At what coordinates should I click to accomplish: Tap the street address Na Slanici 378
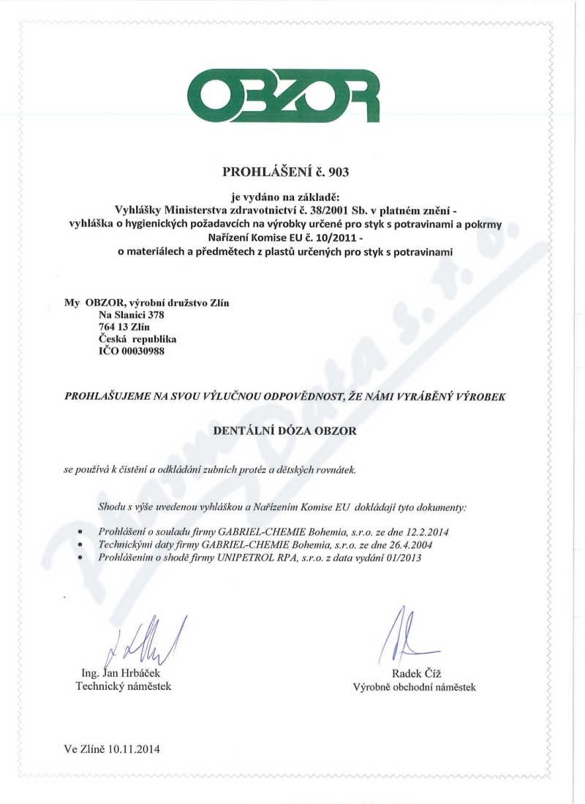pyautogui.click(x=126, y=315)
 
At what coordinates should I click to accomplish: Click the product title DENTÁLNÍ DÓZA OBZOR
pyautogui.click(x=284, y=432)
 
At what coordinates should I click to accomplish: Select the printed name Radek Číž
pyautogui.click(x=414, y=673)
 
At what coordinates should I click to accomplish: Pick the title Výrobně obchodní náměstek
pyautogui.click(x=414, y=687)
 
